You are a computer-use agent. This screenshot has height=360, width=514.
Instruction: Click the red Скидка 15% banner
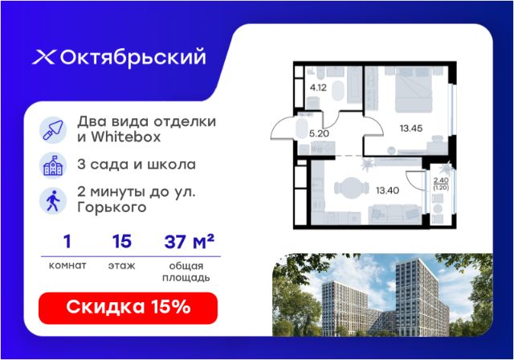(x=128, y=309)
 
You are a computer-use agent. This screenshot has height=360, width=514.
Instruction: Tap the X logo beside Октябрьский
(x=43, y=57)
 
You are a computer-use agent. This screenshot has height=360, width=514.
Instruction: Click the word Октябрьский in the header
(x=133, y=57)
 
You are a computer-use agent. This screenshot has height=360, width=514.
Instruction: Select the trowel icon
(x=53, y=129)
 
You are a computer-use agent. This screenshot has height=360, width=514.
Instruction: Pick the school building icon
(x=53, y=166)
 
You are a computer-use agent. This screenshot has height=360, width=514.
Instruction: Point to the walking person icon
(x=53, y=201)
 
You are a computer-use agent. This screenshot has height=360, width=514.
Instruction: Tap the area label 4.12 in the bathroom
(x=318, y=88)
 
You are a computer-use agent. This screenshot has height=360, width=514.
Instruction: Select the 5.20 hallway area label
(x=319, y=133)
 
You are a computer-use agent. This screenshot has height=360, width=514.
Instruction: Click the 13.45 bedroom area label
(x=411, y=129)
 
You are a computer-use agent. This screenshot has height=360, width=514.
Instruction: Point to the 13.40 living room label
(x=387, y=190)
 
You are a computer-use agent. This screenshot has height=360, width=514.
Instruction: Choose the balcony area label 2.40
(x=441, y=180)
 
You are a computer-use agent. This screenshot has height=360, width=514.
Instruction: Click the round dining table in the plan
(x=352, y=188)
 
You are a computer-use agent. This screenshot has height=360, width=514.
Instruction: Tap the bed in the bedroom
(x=414, y=90)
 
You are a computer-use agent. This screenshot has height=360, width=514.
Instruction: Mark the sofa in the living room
(x=395, y=214)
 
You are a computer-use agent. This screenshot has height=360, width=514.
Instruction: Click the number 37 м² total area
(x=190, y=242)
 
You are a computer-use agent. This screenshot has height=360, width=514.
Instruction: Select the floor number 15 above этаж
(x=122, y=242)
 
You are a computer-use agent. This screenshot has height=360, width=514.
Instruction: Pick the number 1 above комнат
(x=67, y=242)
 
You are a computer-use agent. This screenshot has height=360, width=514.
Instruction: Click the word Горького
(x=112, y=207)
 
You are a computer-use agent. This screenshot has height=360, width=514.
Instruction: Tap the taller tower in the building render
(x=421, y=297)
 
